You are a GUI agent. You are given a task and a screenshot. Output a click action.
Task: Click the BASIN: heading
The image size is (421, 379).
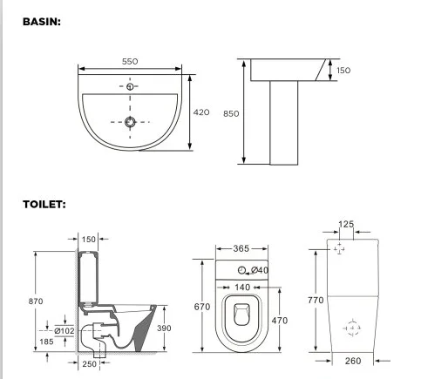pos(42,21)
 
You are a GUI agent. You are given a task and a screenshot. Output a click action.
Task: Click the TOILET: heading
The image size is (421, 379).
pos(44,205)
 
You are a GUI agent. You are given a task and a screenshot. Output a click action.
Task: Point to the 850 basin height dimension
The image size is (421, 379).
pos(230,113)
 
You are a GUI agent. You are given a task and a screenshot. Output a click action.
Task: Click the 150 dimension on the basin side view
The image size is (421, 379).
pos(344,71)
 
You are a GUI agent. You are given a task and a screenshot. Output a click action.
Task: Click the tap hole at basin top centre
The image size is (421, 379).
pos(131,87)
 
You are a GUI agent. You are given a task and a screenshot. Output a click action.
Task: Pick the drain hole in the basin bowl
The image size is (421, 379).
pos(131,122)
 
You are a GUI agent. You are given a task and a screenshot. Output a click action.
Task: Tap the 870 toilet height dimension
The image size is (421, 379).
pos(35,301)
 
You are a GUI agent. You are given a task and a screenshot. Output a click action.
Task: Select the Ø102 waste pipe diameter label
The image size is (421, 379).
pos(64,330)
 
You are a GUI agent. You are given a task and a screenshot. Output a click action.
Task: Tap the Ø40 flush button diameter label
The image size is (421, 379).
pos(260,270)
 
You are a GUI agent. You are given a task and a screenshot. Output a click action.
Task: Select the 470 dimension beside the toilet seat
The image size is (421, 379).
pos(279,321)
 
